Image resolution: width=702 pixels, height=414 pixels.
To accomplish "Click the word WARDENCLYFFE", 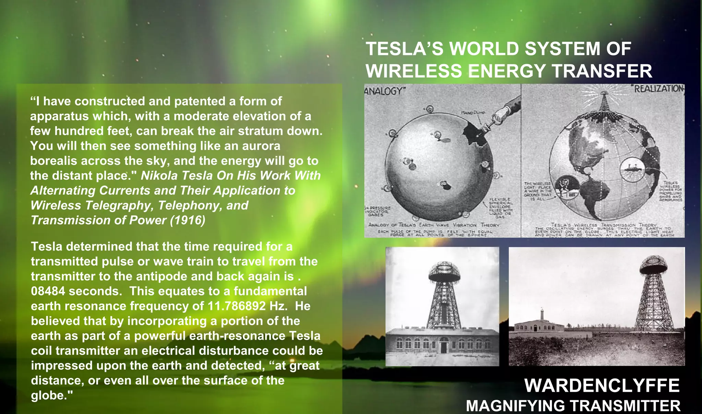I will (x=602, y=386).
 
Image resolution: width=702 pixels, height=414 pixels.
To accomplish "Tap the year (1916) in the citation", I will (x=187, y=220).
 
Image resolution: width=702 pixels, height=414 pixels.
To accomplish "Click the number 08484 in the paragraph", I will (x=48, y=291).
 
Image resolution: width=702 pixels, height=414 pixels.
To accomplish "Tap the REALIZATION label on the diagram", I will (x=659, y=89).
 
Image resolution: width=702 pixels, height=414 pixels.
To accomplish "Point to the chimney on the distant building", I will (x=542, y=315).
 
